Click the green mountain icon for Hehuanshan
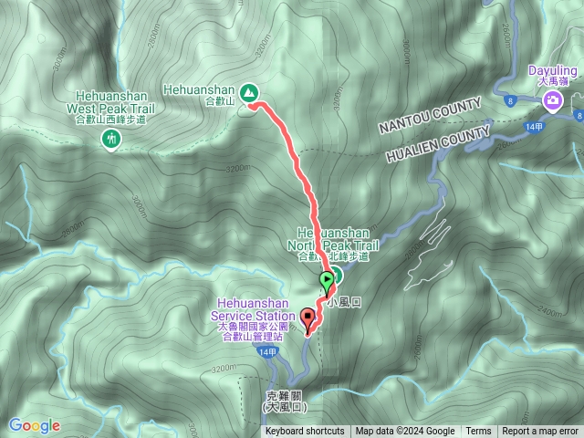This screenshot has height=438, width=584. pyautogui.click(x=248, y=92)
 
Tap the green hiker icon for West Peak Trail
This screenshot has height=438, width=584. pyautogui.click(x=111, y=139)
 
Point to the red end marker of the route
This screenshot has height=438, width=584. pyautogui.click(x=308, y=319)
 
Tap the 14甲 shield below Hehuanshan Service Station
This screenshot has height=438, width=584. pyautogui.click(x=266, y=352)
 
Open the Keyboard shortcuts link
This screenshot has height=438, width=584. pyautogui.click(x=305, y=432)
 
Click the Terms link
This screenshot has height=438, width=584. pyautogui.click(x=478, y=432)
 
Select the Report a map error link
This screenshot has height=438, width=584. pyautogui.click(x=542, y=432)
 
